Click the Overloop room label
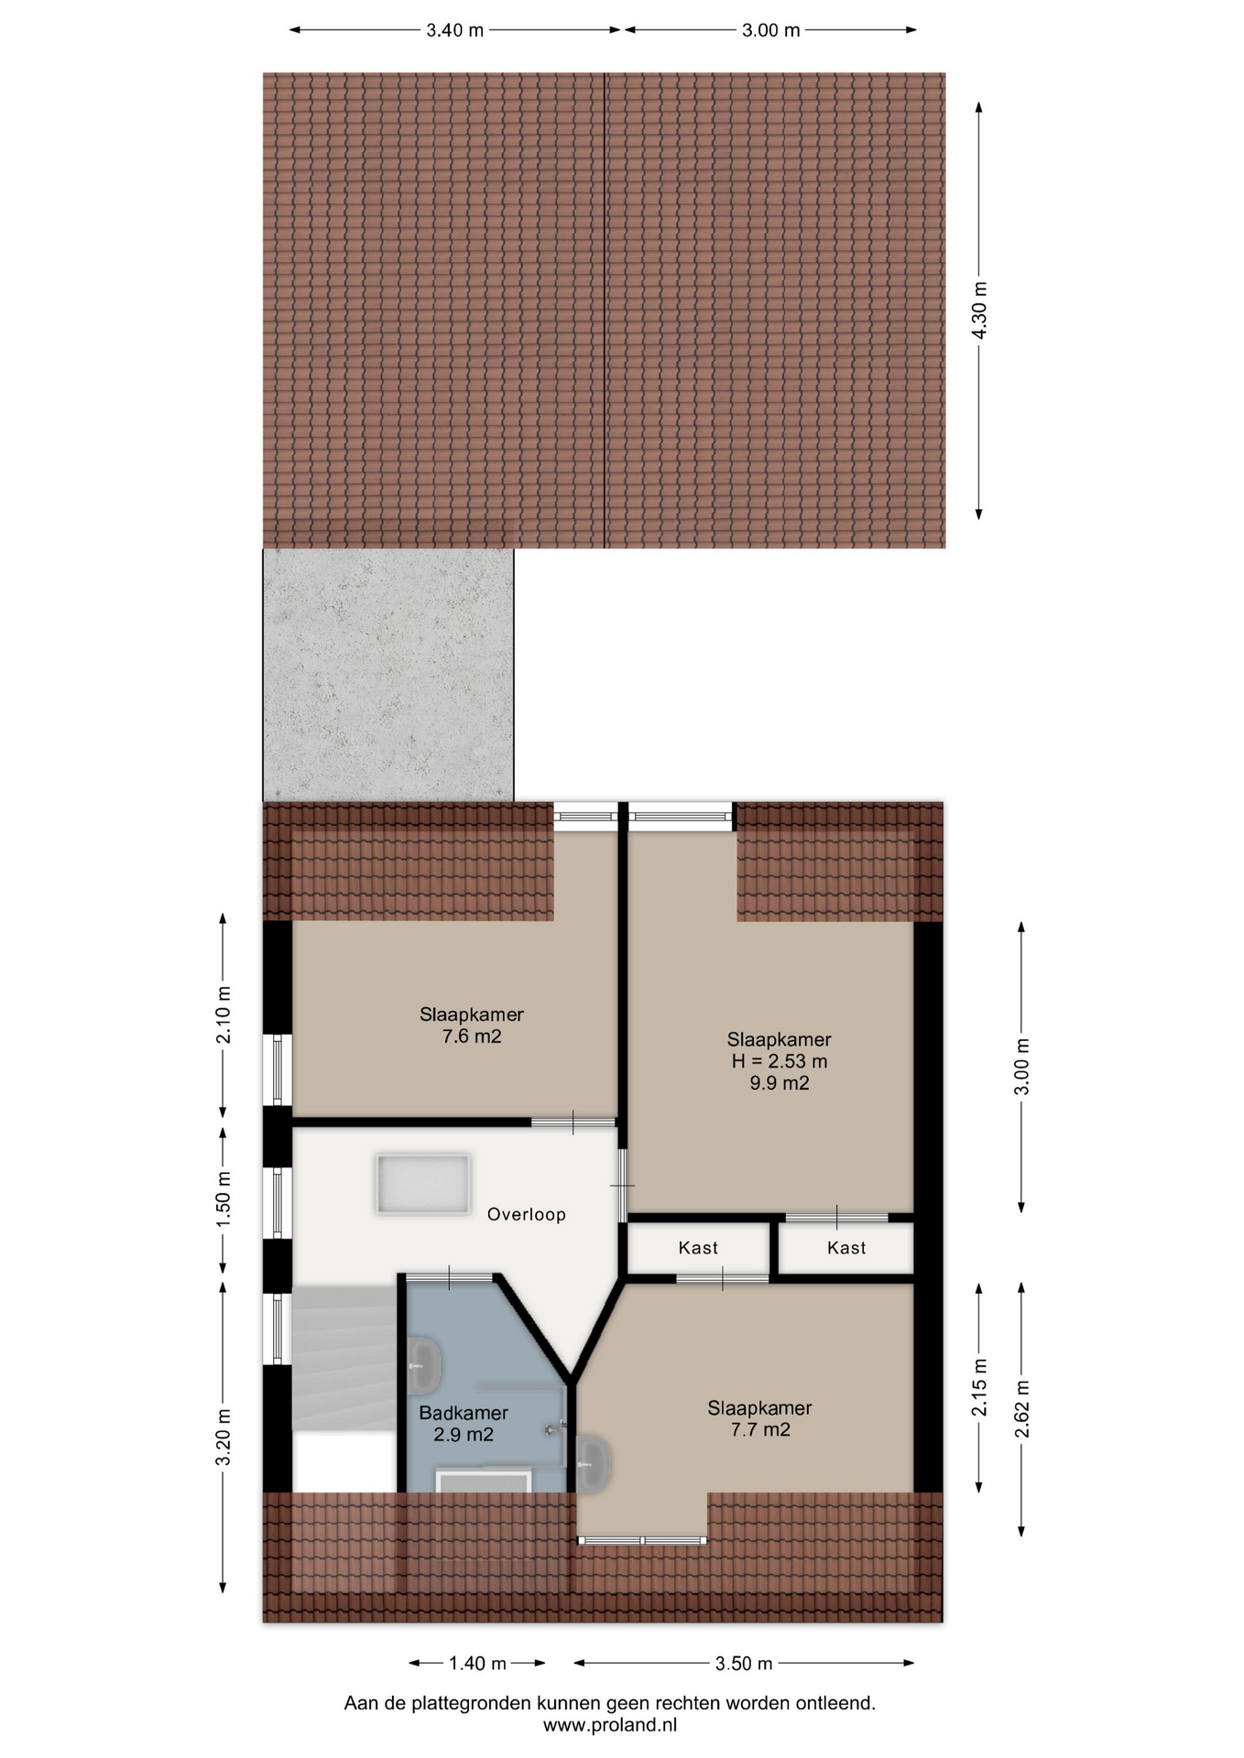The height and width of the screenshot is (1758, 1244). pyautogui.click(x=526, y=1214)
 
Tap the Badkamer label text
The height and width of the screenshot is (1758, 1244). pyautogui.click(x=464, y=1413)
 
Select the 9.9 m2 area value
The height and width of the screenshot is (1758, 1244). pyautogui.click(x=779, y=1083)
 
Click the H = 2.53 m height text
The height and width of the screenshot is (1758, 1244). pyautogui.click(x=779, y=1061)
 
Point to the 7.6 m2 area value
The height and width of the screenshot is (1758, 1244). pyautogui.click(x=472, y=1036)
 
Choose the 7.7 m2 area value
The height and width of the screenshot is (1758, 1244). pyautogui.click(x=760, y=1429)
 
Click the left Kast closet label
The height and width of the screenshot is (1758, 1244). pyautogui.click(x=698, y=1247)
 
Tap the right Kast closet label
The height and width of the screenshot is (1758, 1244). pyautogui.click(x=846, y=1247)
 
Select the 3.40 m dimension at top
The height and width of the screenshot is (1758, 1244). pyautogui.click(x=455, y=30)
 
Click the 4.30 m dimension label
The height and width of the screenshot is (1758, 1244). pyautogui.click(x=979, y=309)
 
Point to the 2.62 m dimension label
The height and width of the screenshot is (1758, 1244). pyautogui.click(x=1022, y=1408)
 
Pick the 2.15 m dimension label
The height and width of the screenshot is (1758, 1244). pyautogui.click(x=979, y=1387)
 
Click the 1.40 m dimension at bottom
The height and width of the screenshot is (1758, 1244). pyautogui.click(x=477, y=1663)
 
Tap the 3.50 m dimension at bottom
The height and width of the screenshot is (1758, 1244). pyautogui.click(x=744, y=1663)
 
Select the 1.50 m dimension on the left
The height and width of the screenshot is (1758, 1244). pyautogui.click(x=223, y=1199)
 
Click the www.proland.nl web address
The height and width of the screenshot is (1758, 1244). pyautogui.click(x=610, y=1725)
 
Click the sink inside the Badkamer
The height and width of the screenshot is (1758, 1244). pyautogui.click(x=424, y=1363)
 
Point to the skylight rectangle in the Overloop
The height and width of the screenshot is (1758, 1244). pyautogui.click(x=422, y=1184)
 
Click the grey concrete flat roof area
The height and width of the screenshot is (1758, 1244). pyautogui.click(x=388, y=675)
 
